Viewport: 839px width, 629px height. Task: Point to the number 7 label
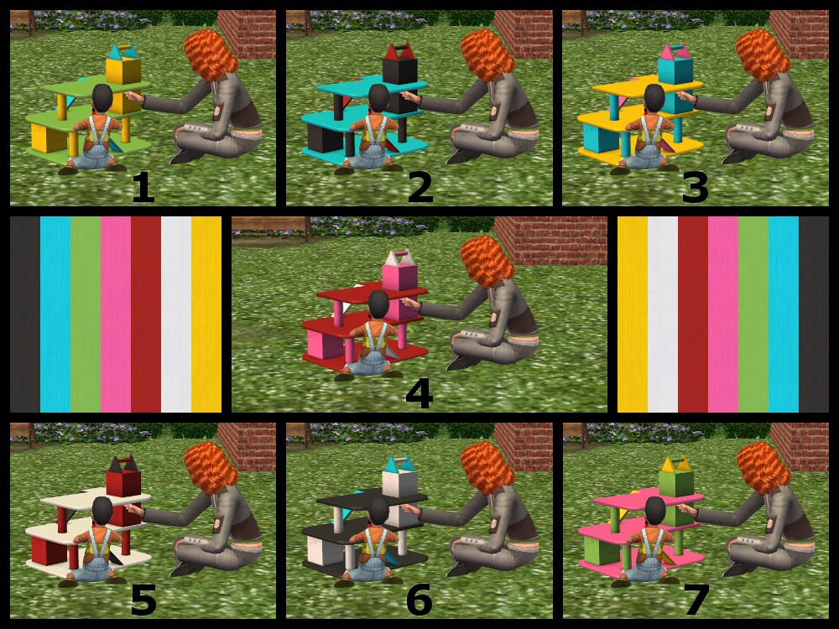click(696, 600)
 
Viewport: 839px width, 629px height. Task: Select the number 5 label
click(143, 600)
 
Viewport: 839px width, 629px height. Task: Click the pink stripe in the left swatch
click(116, 314)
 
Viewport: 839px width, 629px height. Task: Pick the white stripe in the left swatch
click(176, 314)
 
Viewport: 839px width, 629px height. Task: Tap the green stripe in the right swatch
click(753, 314)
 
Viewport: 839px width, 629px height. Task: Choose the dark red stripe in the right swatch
click(693, 314)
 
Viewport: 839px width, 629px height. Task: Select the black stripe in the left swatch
click(25, 314)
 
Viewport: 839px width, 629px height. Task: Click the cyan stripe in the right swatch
click(784, 314)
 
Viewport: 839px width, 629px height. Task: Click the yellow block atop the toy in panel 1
click(123, 70)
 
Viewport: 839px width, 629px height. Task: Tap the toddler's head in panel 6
click(378, 510)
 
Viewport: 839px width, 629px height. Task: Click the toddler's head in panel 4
click(379, 304)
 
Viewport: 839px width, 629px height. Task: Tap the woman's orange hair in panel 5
click(211, 468)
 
